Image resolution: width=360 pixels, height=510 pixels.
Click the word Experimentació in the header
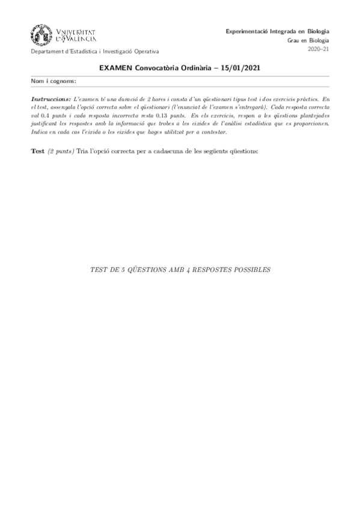tap(245, 31)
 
